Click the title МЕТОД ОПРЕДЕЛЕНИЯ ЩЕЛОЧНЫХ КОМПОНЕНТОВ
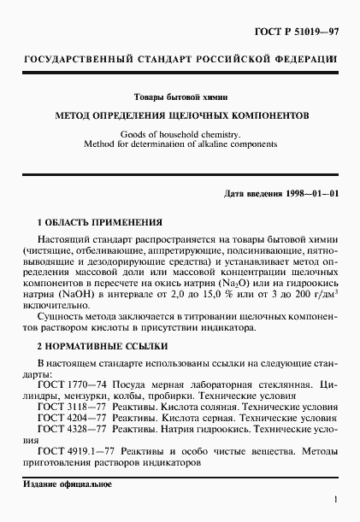[180, 114]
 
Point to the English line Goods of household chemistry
[180, 134]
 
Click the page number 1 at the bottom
[336, 501]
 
